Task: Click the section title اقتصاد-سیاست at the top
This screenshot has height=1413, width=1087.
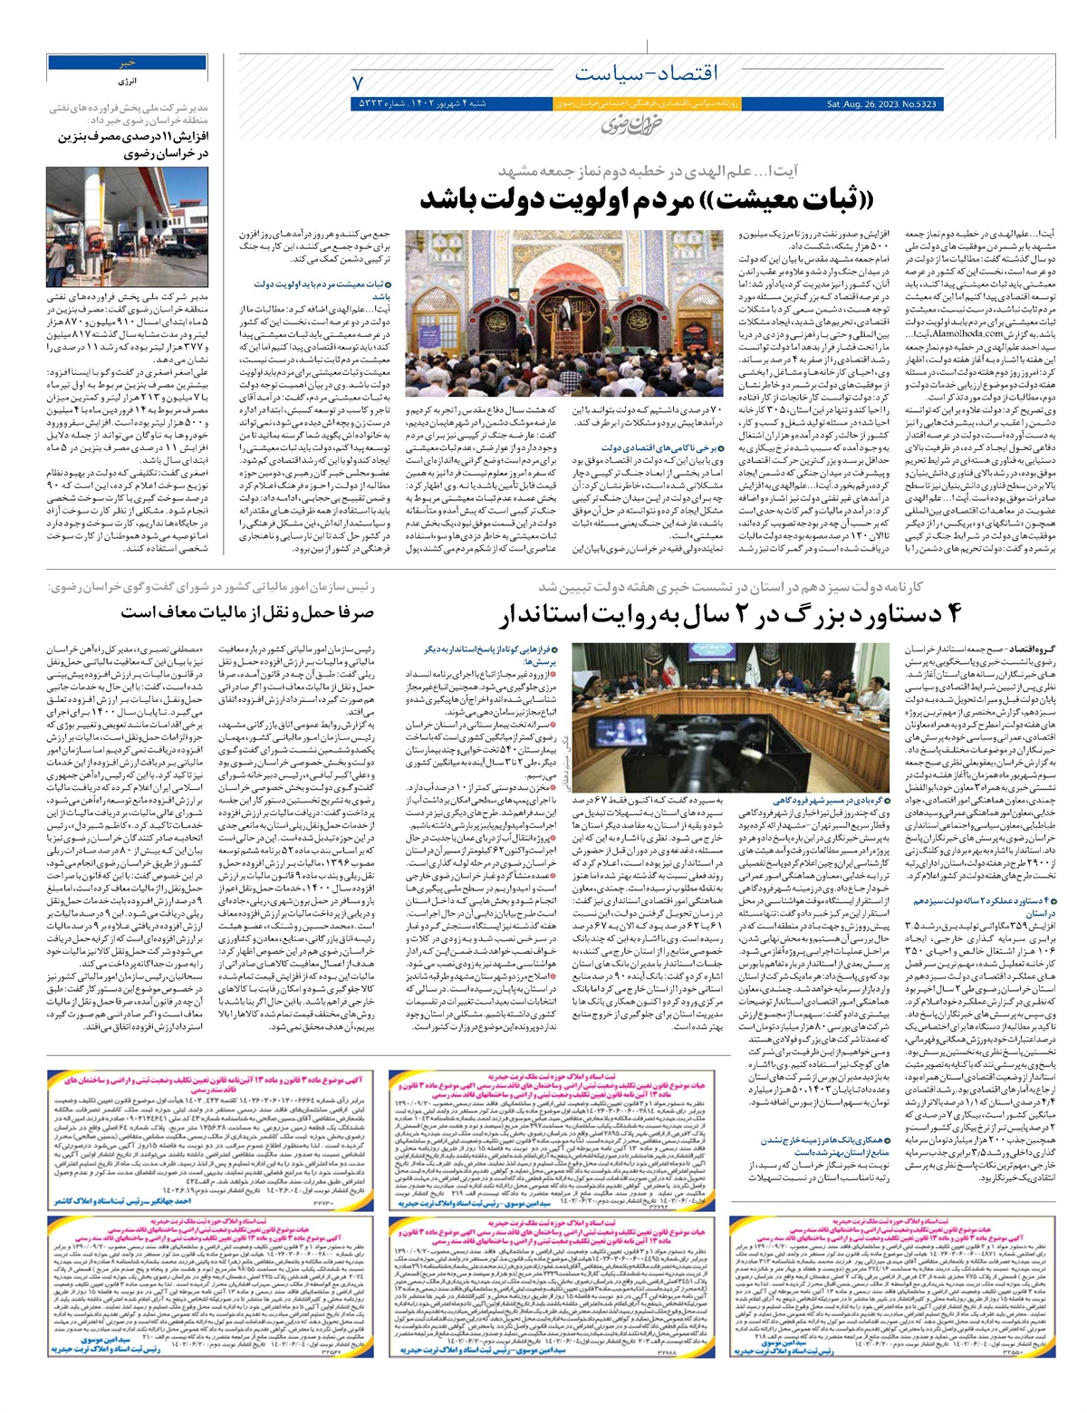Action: coord(645,72)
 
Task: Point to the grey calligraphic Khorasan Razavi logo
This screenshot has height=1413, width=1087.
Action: coord(624,126)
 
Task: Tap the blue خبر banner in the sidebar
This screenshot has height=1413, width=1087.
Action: coord(129,62)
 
